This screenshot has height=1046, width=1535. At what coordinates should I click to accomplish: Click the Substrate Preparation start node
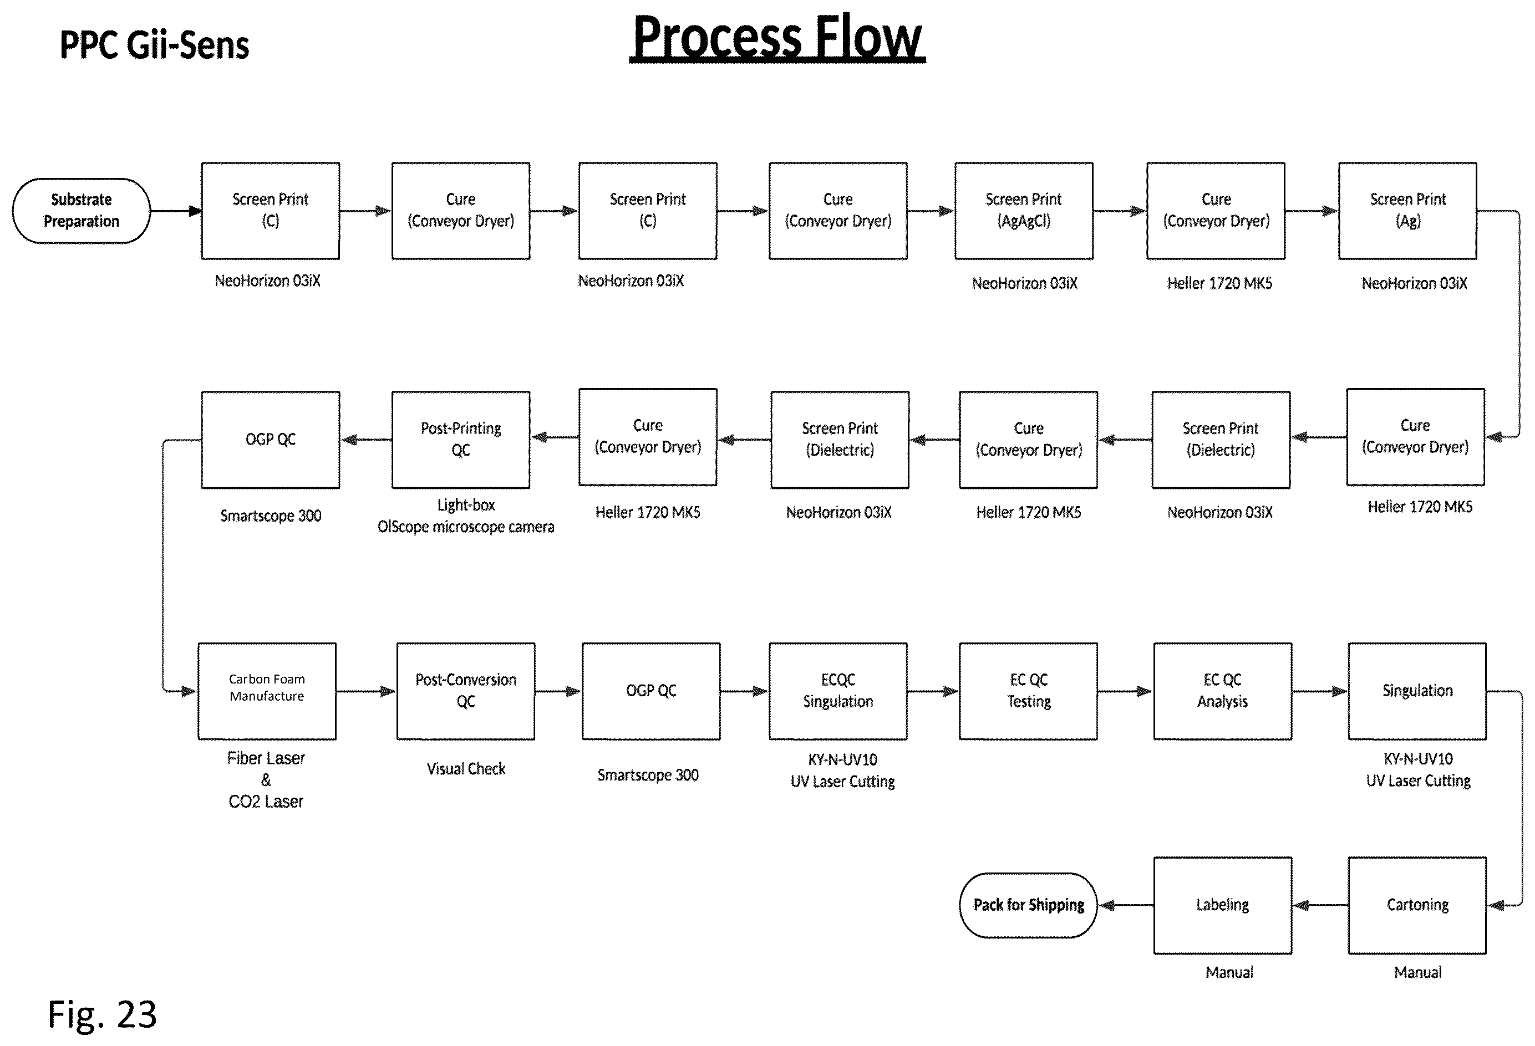81,211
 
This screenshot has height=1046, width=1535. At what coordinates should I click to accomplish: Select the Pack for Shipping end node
1028,905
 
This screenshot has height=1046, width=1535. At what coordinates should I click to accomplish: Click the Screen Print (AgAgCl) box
1024,211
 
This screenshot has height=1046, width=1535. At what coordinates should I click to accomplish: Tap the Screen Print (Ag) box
1407,211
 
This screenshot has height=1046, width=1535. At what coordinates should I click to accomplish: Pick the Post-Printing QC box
461,440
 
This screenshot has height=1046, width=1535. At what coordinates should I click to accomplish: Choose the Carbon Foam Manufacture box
267,691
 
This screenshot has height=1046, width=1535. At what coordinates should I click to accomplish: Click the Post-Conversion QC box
466,691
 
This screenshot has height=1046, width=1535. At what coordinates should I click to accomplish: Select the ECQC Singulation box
837,691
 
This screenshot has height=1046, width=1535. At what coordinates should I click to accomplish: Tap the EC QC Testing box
1028,691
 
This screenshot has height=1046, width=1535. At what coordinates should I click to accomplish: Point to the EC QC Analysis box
1223,691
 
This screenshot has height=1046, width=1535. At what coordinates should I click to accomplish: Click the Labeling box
1223,905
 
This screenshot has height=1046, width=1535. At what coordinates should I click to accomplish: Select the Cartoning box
1417,905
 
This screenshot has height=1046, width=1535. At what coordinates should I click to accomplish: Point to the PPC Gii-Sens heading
155,45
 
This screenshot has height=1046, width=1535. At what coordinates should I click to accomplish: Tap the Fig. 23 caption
103,1014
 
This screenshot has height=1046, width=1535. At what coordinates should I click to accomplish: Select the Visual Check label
466,769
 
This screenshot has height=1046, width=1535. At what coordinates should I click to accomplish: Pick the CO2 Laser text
266,802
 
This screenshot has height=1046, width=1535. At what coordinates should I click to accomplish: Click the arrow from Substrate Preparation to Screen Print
176,211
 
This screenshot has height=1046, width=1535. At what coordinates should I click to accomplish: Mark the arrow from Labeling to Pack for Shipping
1126,905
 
